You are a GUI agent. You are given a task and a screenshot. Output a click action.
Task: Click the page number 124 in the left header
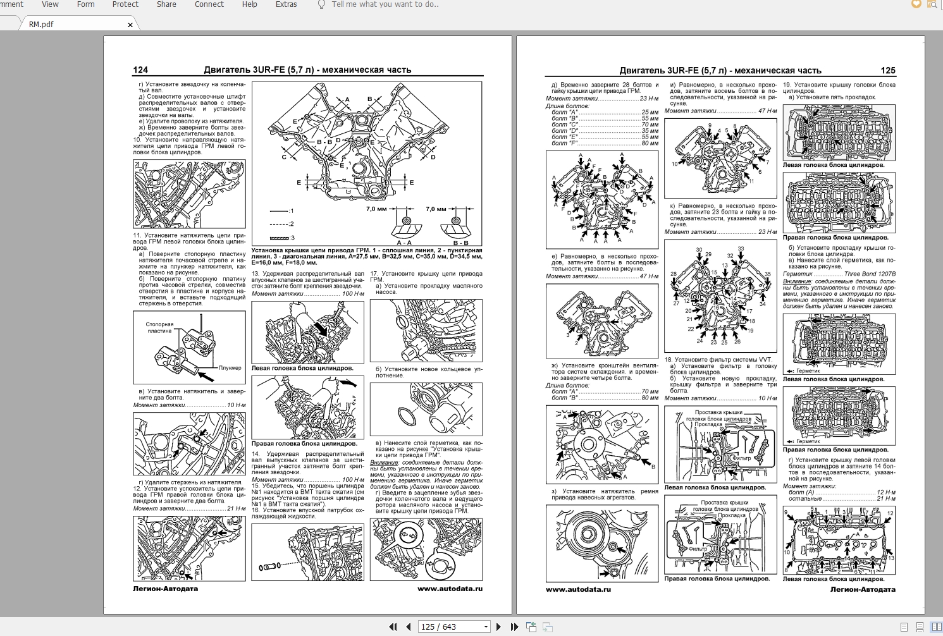pyautogui.click(x=140, y=70)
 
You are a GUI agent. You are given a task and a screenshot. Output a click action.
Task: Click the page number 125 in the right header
pyautogui.click(x=888, y=71)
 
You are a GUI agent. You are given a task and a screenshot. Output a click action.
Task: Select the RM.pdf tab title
pyautogui.click(x=41, y=25)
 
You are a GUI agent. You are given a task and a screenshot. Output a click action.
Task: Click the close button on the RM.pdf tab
pyautogui.click(x=130, y=25)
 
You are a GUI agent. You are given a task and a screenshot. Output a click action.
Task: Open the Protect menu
pyautogui.click(x=125, y=4)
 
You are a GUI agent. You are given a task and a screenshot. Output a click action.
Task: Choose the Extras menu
pyautogui.click(x=286, y=4)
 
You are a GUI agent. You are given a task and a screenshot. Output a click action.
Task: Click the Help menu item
pyautogui.click(x=249, y=4)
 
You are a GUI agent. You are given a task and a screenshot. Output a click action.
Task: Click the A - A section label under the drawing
pyautogui.click(x=405, y=243)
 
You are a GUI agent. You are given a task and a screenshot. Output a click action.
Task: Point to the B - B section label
pyautogui.click(x=460, y=243)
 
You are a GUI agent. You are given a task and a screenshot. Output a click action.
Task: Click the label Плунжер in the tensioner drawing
pyautogui.click(x=230, y=368)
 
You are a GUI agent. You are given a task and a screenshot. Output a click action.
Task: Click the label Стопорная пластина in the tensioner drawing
pyautogui.click(x=159, y=327)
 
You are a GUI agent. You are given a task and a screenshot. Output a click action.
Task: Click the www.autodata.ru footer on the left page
pyautogui.click(x=450, y=589)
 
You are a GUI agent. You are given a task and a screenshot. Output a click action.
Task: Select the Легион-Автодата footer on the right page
pyautogui.click(x=863, y=589)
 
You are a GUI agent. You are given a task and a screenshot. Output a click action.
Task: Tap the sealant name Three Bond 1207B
pyautogui.click(x=870, y=274)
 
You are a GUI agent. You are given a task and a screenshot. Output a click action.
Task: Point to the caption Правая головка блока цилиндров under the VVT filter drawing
pyautogui.click(x=717, y=578)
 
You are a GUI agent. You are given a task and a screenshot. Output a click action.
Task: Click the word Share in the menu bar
pyautogui.click(x=166, y=4)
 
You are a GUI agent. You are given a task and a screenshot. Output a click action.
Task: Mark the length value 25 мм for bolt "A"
pyautogui.click(x=650, y=113)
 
